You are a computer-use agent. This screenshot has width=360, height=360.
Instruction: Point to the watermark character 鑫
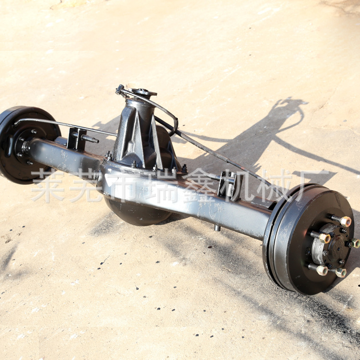[196, 185]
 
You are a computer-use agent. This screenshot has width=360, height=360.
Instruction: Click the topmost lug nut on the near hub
[346, 221]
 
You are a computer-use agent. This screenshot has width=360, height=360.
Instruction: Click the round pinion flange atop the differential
[143, 92]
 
